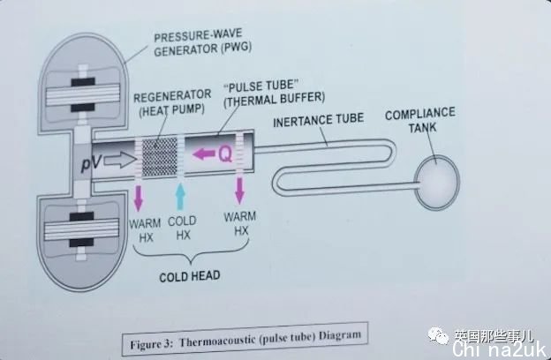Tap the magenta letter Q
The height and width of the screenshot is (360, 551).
click(x=225, y=154)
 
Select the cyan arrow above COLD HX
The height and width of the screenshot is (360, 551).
click(x=180, y=197)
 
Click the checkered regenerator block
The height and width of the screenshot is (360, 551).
click(x=160, y=157)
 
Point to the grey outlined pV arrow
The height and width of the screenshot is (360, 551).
click(x=120, y=160)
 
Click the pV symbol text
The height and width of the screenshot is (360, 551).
click(x=91, y=163)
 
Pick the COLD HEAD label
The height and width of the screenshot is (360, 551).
click(x=190, y=276)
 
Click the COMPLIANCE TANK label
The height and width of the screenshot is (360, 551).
click(x=420, y=120)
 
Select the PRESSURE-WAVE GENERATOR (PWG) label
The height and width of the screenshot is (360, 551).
click(x=203, y=43)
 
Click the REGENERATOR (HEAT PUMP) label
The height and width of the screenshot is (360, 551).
click(x=172, y=102)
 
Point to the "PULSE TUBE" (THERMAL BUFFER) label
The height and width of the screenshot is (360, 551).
click(x=274, y=94)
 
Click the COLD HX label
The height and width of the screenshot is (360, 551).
click(x=183, y=228)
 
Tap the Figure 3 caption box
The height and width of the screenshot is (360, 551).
click(x=245, y=339)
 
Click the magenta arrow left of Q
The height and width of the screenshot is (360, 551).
click(x=204, y=154)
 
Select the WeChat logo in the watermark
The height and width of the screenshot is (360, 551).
click(x=439, y=335)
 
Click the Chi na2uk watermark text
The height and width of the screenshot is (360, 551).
click(x=500, y=349)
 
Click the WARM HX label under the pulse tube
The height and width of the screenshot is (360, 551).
click(x=240, y=223)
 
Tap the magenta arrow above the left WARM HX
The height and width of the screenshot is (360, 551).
click(x=139, y=199)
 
